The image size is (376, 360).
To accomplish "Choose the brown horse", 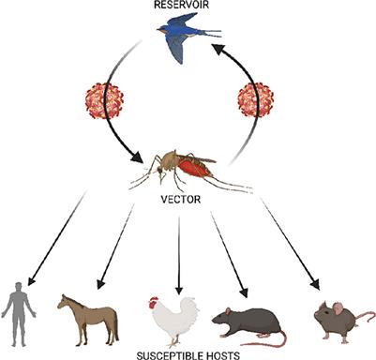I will click(88, 317).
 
